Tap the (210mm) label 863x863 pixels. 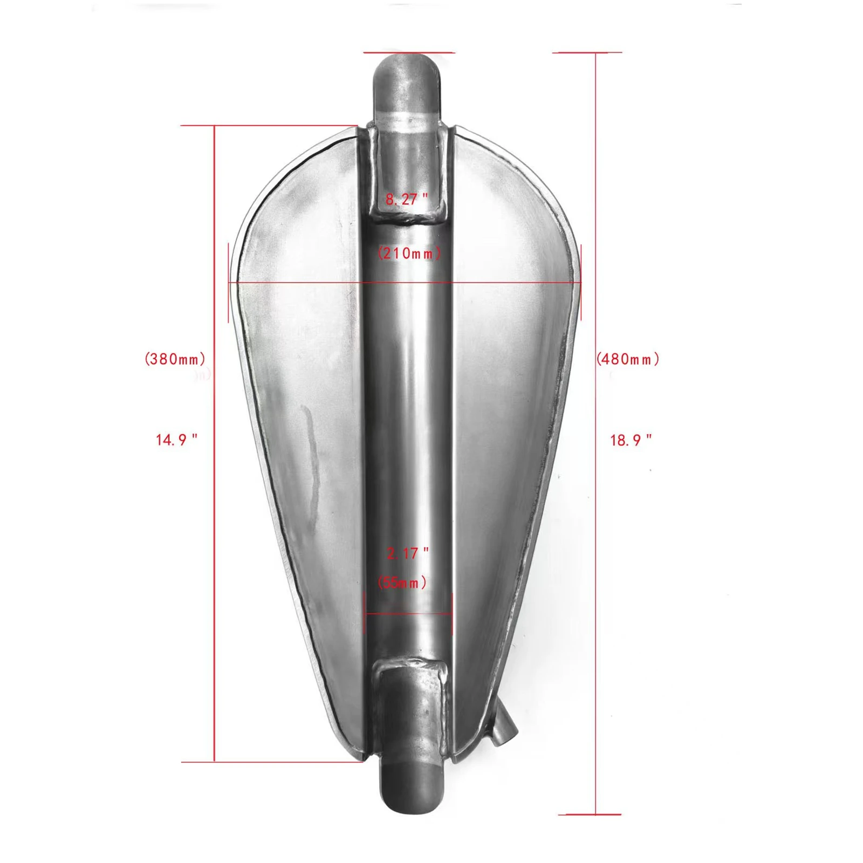point(409,253)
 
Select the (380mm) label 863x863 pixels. point(175,359)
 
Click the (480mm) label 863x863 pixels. point(628,359)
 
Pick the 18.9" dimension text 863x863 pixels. point(631,440)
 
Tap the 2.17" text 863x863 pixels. point(408,553)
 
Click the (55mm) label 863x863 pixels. point(402,583)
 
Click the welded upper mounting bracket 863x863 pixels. point(408,173)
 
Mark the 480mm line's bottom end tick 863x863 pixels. point(590,814)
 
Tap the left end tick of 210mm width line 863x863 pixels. point(229,282)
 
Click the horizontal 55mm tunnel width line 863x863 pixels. point(408,613)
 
